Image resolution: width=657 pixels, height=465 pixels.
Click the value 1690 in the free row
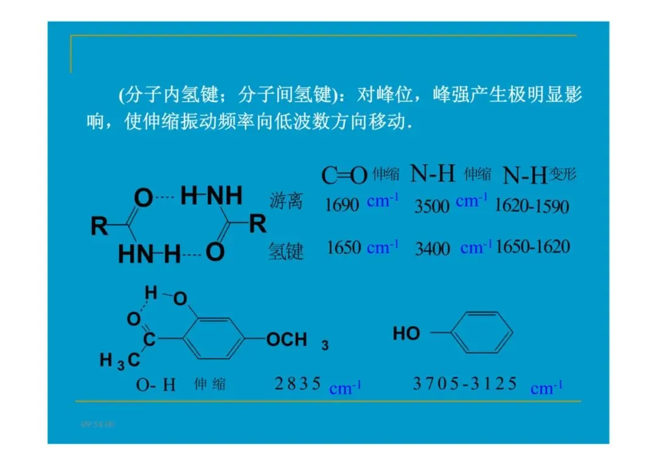(x=342, y=205)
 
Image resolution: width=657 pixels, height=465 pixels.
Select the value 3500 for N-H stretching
(x=432, y=206)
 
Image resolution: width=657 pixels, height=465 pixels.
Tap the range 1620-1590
(x=531, y=206)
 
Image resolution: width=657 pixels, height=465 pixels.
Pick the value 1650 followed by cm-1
(x=344, y=248)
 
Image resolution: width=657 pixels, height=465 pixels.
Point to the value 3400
(x=432, y=248)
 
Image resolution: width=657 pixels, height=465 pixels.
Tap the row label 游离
(x=286, y=201)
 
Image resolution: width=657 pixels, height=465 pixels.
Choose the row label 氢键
(x=286, y=251)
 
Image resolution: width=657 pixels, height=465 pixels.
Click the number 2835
(x=297, y=383)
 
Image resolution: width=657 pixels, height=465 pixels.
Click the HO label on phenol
(x=406, y=334)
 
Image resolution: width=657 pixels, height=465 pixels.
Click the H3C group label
(x=120, y=360)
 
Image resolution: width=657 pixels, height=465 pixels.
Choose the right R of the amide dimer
(x=258, y=224)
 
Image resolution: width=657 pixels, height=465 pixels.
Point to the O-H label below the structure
(x=156, y=385)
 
